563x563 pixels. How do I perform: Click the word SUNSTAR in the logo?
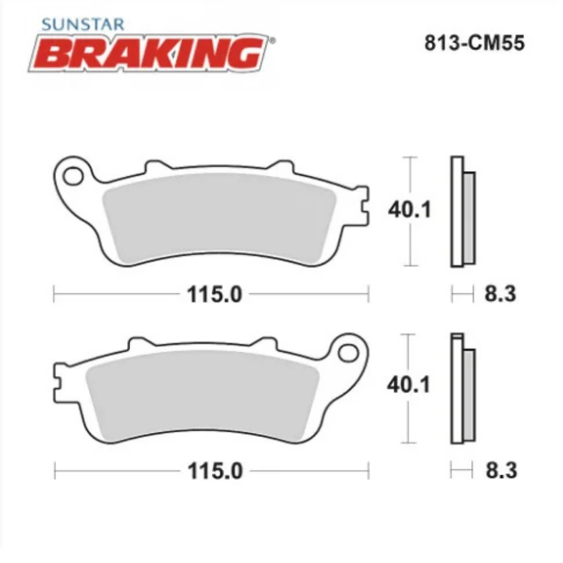pyautogui.click(x=84, y=25)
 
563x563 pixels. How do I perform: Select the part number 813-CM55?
pyautogui.click(x=474, y=43)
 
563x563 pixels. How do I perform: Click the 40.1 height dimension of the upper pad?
pyautogui.click(x=409, y=210)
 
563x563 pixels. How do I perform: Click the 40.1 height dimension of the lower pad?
pyautogui.click(x=409, y=385)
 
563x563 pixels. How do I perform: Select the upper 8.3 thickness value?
pyautogui.click(x=500, y=293)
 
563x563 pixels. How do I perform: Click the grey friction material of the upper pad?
pyautogui.click(x=220, y=217)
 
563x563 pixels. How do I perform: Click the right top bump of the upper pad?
pyautogui.click(x=279, y=166)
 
